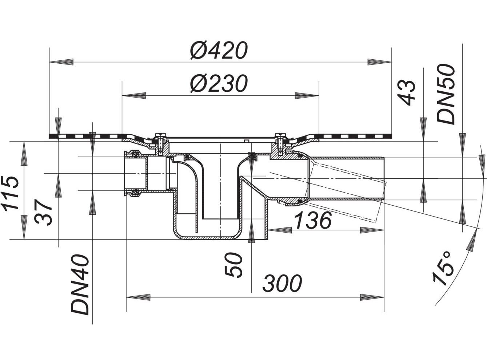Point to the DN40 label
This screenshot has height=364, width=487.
80,285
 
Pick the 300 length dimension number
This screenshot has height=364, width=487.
283,283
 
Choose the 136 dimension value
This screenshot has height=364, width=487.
312,220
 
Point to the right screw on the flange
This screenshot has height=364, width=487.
280,142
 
